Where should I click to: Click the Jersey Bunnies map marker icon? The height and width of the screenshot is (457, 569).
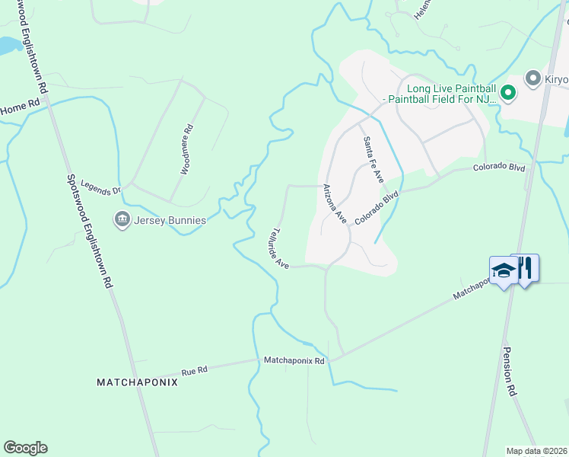point(122,221)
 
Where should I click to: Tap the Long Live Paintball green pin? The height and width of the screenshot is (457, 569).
point(508,94)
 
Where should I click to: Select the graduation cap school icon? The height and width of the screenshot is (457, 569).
point(503,271)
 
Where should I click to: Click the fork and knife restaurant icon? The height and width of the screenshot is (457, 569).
point(526,267)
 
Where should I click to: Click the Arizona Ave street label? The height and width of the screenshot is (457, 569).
point(335,204)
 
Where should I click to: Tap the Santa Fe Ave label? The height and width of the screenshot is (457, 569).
point(373,158)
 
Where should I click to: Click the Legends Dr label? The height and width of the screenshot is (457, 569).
point(101,187)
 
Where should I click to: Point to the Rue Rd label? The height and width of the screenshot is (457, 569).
point(195,371)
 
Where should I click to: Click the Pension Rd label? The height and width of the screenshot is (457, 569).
point(510,372)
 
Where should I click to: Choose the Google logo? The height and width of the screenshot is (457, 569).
point(25,448)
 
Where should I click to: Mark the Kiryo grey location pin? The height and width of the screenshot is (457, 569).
point(533,79)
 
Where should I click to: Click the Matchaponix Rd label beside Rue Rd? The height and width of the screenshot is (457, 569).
point(294,360)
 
